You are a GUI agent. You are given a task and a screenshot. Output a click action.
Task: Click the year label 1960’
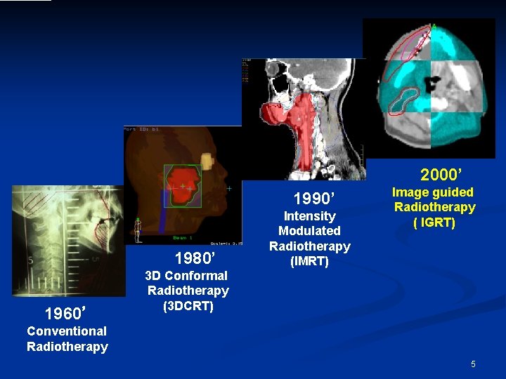tap(65, 312)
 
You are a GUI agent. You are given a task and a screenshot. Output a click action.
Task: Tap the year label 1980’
tap(194, 257)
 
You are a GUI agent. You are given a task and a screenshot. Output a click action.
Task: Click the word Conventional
tap(67, 331)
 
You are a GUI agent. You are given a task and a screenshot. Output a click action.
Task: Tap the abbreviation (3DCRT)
tap(188, 306)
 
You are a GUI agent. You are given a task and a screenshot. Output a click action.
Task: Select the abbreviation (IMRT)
tap(309, 262)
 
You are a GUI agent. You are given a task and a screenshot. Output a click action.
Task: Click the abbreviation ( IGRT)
tap(434, 222)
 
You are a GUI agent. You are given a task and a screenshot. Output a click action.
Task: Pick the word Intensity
tap(309, 216)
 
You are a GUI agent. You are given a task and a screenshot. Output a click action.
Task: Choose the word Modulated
tap(309, 231)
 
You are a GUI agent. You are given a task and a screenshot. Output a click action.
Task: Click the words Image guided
tap(433, 192)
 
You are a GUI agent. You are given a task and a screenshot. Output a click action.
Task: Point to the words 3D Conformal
tap(186, 276)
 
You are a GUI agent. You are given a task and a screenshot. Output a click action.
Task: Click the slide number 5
tap(474, 364)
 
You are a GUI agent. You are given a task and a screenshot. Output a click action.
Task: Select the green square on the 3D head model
tap(183, 186)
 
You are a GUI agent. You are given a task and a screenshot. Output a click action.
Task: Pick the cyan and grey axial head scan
tap(429, 88)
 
